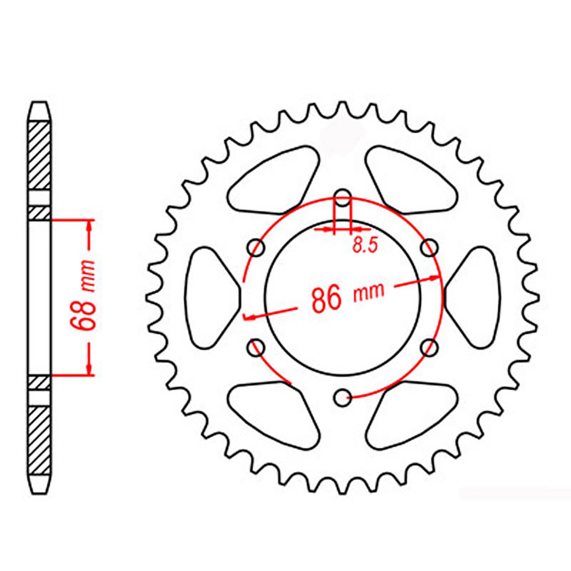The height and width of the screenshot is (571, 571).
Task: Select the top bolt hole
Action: pyautogui.click(x=343, y=197)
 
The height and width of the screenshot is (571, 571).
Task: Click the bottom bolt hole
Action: pyautogui.click(x=343, y=398)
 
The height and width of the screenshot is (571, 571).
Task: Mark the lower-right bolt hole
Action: pyautogui.click(x=430, y=347)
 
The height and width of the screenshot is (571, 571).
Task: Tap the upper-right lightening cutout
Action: pyautogui.click(x=410, y=178)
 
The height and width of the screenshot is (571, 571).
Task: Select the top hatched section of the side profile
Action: pyautogui.click(x=39, y=155)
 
